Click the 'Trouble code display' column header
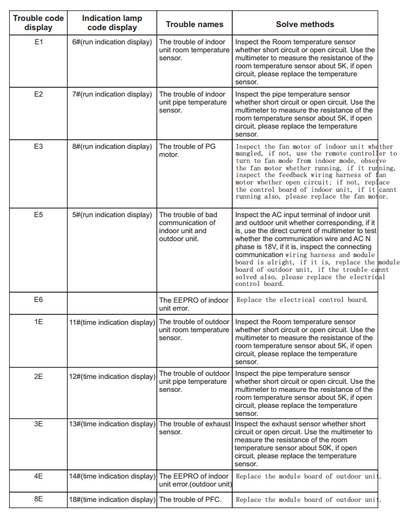coord(38,23)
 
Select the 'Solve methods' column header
coord(305,25)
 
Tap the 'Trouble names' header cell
coord(194,25)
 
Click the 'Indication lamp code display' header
coord(112,23)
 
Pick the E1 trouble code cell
coord(38,42)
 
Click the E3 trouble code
coord(38,146)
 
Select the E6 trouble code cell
coord(38,300)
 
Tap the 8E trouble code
coord(38,499)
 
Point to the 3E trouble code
coord(38,424)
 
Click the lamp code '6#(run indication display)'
coord(112,42)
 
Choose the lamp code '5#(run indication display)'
coord(112,215)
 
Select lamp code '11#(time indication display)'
coord(112,322)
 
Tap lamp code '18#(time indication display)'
coord(112,499)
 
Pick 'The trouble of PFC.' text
coord(190,499)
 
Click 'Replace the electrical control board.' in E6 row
coord(302,300)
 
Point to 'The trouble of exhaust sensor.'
coord(194,427)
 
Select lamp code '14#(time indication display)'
coord(112,476)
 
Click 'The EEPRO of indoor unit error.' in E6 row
coord(193,304)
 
